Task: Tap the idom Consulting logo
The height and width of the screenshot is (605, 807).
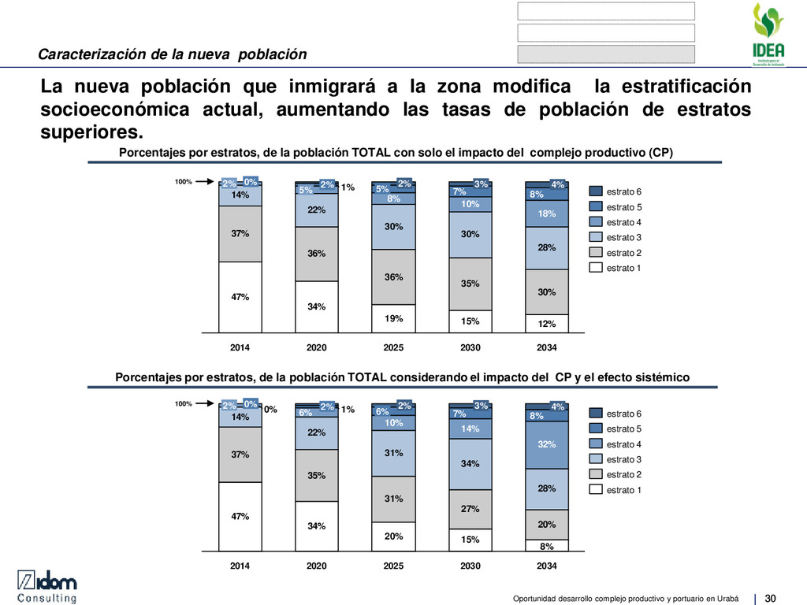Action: point(48,587)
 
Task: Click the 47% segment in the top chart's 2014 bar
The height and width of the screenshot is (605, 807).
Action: point(240,297)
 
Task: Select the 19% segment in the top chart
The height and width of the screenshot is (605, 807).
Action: point(394,319)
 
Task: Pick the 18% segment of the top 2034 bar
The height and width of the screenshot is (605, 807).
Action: point(547,213)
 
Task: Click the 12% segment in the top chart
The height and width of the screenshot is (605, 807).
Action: point(547,324)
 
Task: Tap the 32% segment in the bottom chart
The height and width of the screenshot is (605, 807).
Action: point(547,444)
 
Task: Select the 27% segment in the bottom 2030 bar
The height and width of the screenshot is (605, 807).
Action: point(470,509)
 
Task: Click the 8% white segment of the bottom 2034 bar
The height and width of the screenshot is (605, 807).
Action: point(547,546)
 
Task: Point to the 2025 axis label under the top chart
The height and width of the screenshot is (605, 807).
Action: point(394,347)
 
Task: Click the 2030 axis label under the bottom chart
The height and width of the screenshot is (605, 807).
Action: point(470,567)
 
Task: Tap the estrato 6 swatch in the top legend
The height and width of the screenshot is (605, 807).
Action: point(595,191)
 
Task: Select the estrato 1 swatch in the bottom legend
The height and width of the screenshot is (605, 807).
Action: point(595,490)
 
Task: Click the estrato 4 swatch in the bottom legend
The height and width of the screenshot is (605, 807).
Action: point(595,444)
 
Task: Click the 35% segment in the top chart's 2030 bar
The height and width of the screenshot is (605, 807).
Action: point(470,284)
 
